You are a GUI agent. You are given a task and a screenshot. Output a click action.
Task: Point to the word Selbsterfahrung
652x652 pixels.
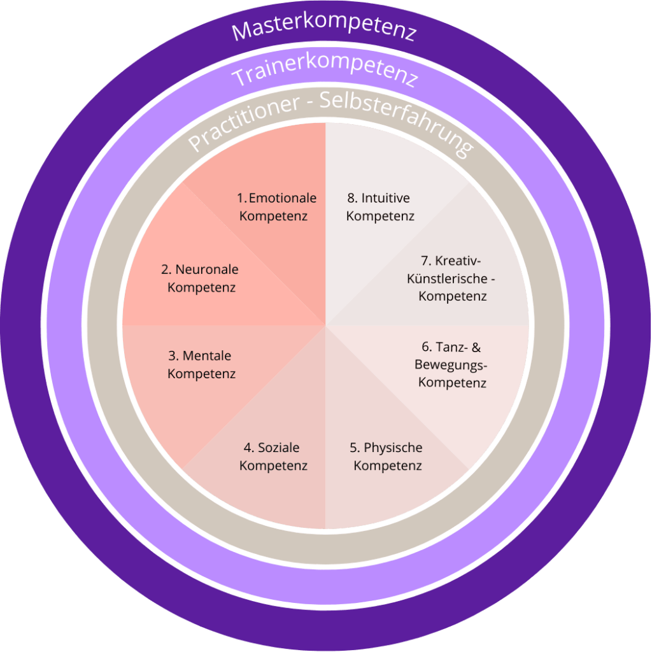click(401, 121)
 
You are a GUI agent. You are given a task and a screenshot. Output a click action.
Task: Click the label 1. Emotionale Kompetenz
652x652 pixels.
click(276, 207)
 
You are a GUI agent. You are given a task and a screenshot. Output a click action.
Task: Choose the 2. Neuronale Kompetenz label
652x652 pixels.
click(201, 278)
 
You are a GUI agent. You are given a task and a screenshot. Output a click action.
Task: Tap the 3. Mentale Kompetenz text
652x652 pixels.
click(202, 364)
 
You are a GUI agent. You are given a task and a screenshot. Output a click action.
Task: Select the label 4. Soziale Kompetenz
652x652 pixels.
click(274, 457)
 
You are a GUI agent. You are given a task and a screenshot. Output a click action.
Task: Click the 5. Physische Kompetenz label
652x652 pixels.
click(388, 457)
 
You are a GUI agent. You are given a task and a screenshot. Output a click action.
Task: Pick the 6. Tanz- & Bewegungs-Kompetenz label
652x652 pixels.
click(451, 365)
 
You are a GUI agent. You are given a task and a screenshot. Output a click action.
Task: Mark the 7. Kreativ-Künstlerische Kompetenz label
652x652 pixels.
click(451, 278)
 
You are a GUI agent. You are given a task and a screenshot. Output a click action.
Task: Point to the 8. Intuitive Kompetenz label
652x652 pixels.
click(380, 207)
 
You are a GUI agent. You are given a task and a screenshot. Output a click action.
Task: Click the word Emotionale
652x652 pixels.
click(283, 198)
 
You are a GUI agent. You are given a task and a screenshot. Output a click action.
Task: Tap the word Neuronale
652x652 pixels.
click(207, 269)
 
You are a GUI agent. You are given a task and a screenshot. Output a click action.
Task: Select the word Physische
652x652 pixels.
click(393, 448)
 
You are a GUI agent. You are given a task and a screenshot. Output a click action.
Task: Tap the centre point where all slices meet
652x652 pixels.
click(325, 326)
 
